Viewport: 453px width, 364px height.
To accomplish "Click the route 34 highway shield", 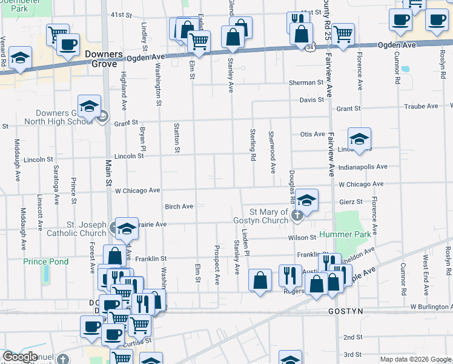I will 310,47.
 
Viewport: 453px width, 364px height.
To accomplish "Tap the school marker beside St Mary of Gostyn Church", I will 306,201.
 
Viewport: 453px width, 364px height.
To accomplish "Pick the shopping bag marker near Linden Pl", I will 260,280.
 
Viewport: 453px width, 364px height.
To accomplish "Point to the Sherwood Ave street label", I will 273,152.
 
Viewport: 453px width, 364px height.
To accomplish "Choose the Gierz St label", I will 351,201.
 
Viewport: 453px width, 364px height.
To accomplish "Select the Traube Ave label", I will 421,106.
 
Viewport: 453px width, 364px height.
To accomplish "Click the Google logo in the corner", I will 20,357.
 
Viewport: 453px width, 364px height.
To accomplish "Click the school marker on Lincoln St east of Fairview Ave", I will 359,139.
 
